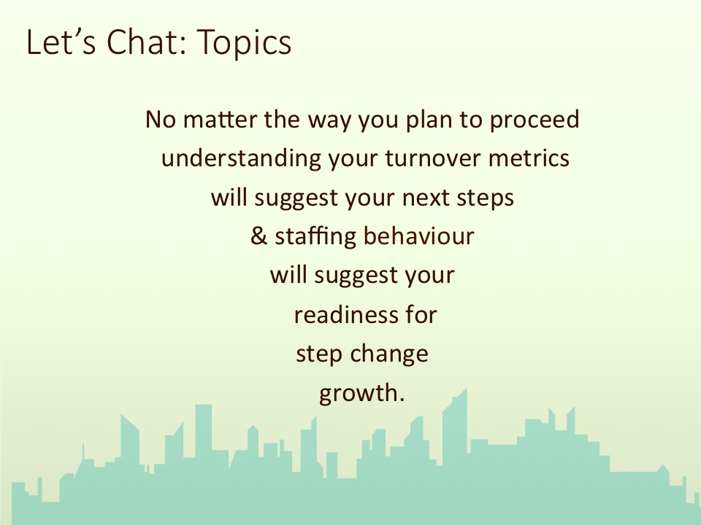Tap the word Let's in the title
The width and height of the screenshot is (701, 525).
click(61, 42)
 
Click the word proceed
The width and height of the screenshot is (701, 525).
click(535, 120)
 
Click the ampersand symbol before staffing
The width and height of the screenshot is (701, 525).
click(258, 236)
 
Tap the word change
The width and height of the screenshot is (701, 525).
click(389, 355)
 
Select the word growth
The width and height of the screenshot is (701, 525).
click(361, 394)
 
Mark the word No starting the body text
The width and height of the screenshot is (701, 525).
click(161, 120)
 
